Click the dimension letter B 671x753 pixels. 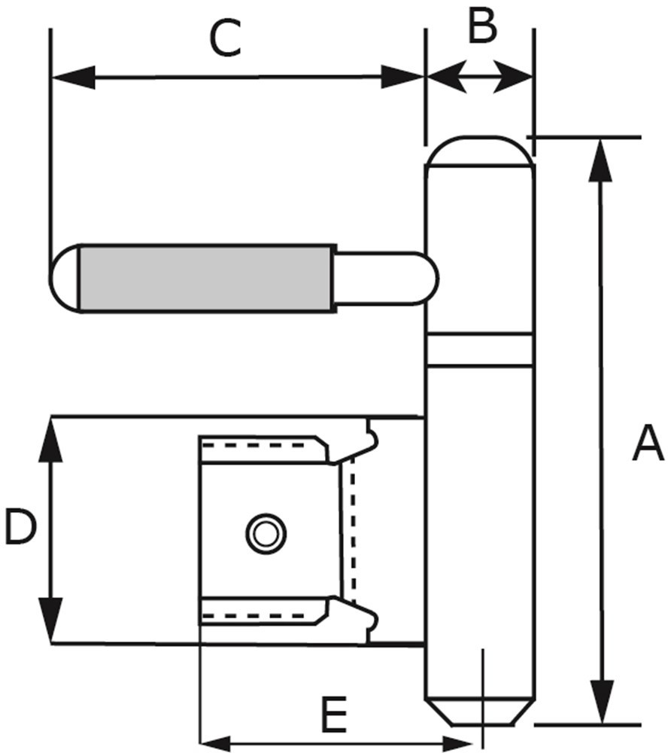(481, 27)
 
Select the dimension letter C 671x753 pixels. (225, 40)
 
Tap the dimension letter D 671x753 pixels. (20, 527)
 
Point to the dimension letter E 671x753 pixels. (333, 715)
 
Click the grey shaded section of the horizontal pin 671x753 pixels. (207, 276)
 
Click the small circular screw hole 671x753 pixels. (266, 534)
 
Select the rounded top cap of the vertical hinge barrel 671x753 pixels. (479, 153)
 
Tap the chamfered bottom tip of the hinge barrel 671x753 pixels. (479, 711)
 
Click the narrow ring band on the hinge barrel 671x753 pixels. (479, 349)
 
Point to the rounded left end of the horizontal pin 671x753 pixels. (65, 276)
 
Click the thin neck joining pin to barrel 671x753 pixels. (384, 278)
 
